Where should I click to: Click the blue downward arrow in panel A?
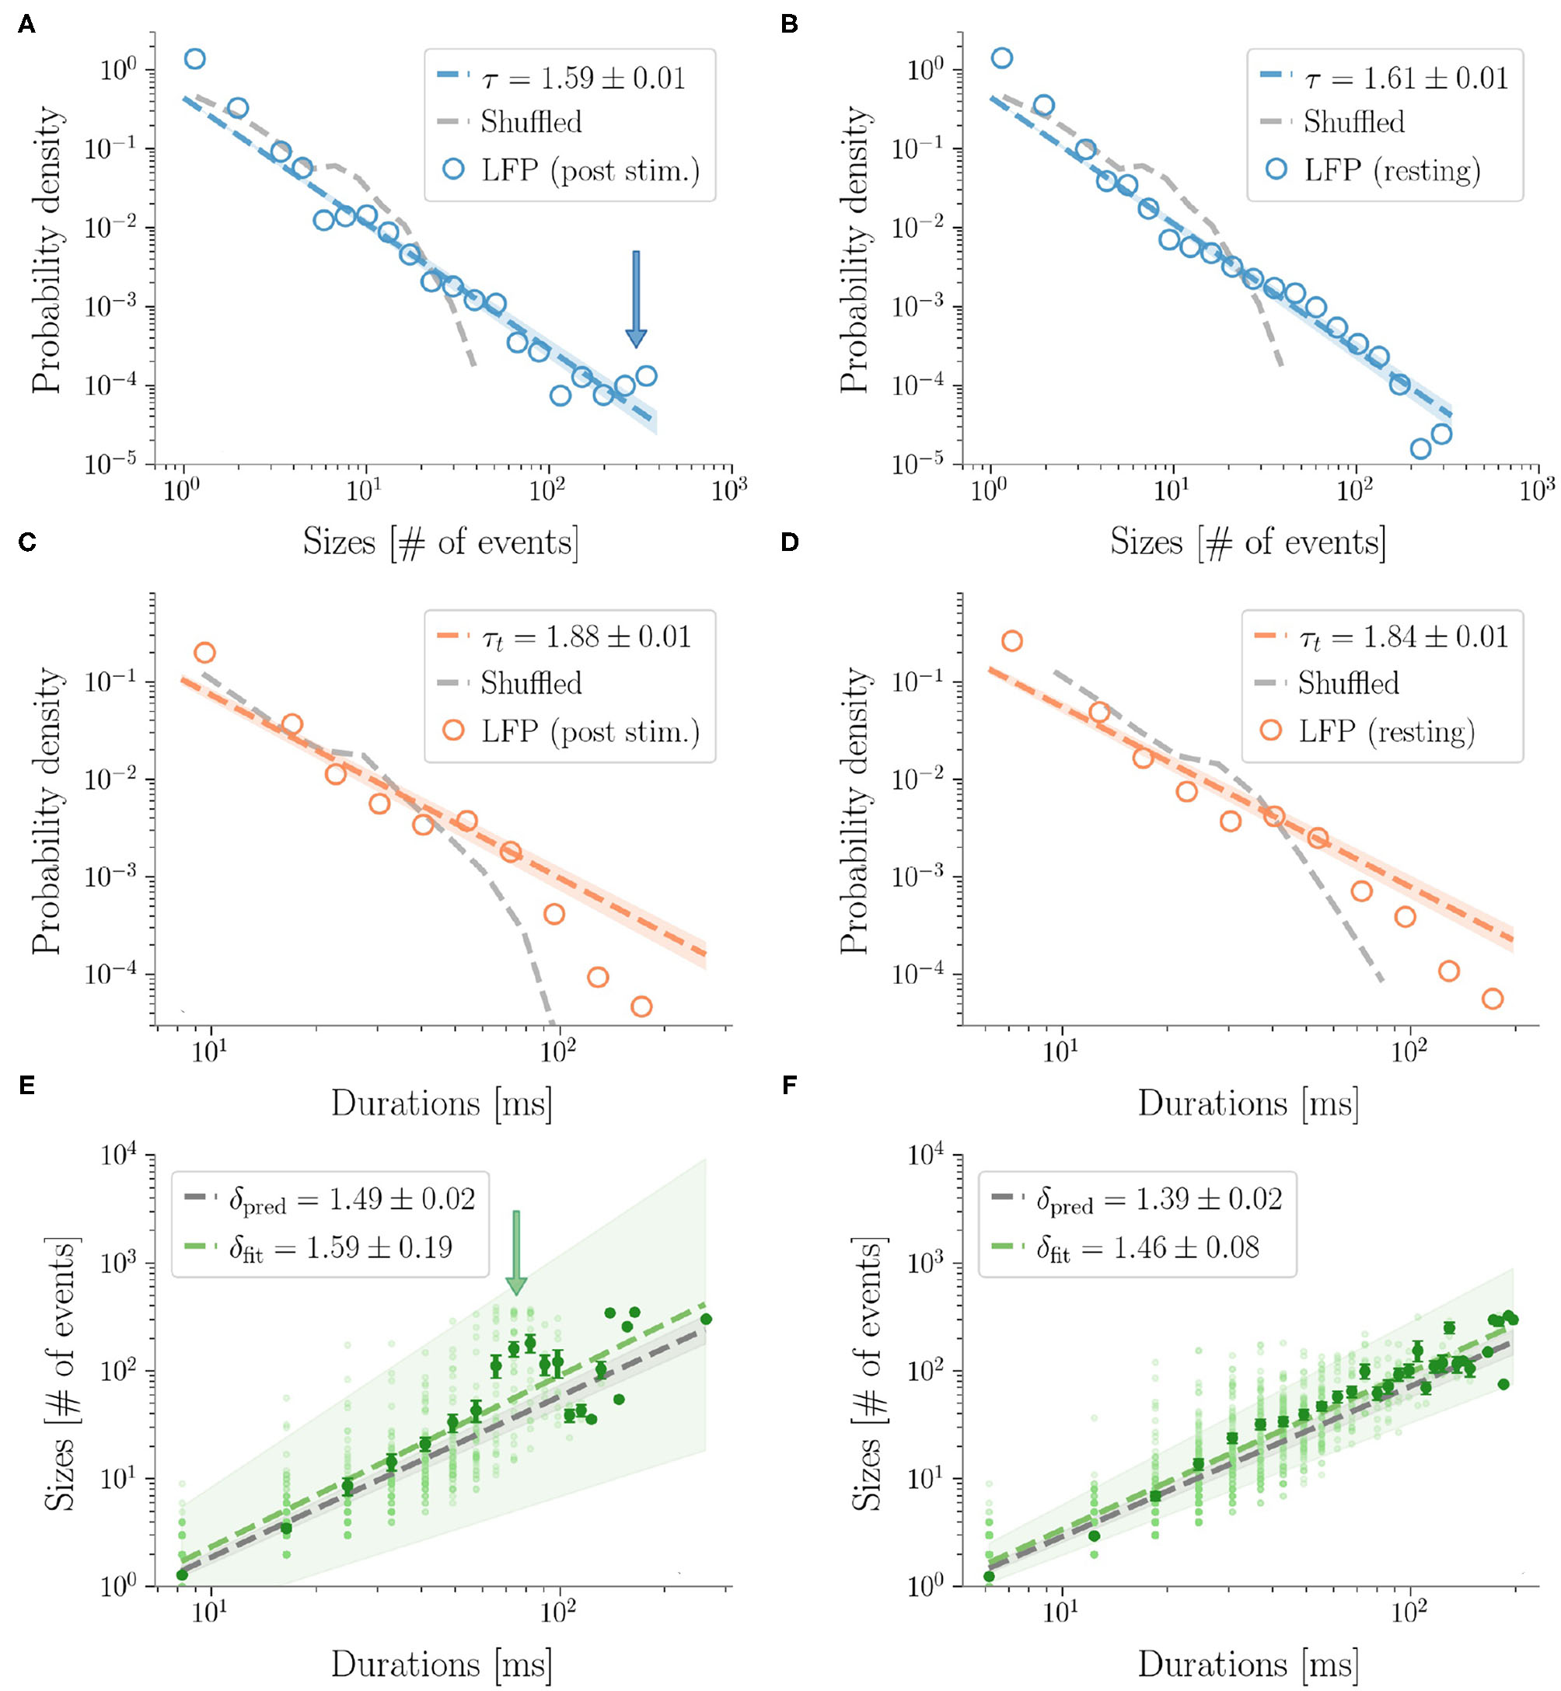coord(635,300)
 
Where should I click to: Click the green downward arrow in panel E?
coord(515,1252)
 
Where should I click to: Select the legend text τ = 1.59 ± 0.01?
coord(583,78)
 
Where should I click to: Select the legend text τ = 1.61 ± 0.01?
coord(1406,78)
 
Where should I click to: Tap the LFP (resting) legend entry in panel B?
coord(1392,170)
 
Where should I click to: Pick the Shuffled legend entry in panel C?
coord(530,682)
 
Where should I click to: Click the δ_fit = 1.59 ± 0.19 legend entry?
coord(340,1248)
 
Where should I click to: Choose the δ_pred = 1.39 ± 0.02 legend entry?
coord(1159,1199)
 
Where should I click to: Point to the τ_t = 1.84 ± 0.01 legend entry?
coord(1403,637)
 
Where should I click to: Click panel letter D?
coord(789,542)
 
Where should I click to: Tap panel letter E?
coord(27,1085)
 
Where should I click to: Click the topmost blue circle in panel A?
coord(194,58)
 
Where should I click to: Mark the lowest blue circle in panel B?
coord(1421,448)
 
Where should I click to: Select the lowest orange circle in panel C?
coord(641,1006)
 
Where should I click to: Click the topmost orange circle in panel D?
coord(1011,641)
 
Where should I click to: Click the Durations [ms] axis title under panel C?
coord(441,1104)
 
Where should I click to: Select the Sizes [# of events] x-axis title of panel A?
coord(441,542)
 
